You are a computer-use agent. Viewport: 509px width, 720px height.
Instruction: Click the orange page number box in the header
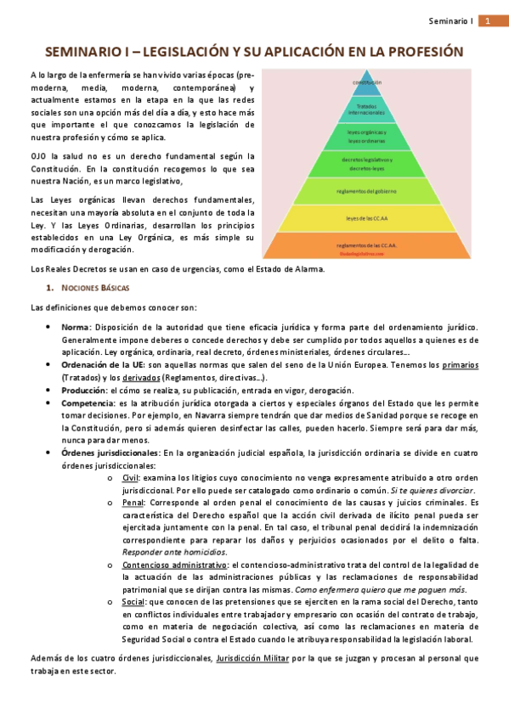tap(490, 20)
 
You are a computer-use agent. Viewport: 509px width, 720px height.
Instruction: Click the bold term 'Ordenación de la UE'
tap(103, 364)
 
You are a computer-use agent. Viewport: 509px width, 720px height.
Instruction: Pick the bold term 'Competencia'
tap(88, 402)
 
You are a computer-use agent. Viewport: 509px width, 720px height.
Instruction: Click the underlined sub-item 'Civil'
tap(131, 478)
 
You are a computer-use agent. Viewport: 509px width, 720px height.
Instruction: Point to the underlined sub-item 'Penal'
tap(133, 503)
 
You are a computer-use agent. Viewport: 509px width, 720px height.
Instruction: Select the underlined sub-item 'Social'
tap(133, 601)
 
